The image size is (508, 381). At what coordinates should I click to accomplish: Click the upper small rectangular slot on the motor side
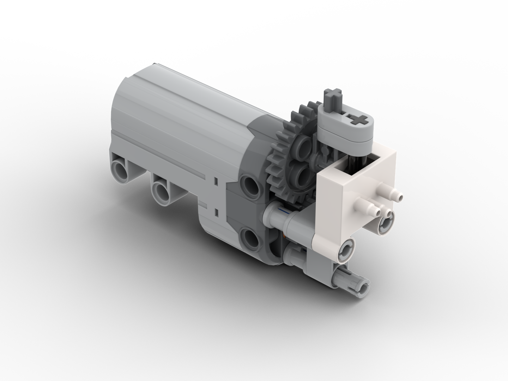point(215,182)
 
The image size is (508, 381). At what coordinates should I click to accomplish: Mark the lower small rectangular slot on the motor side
point(215,212)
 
